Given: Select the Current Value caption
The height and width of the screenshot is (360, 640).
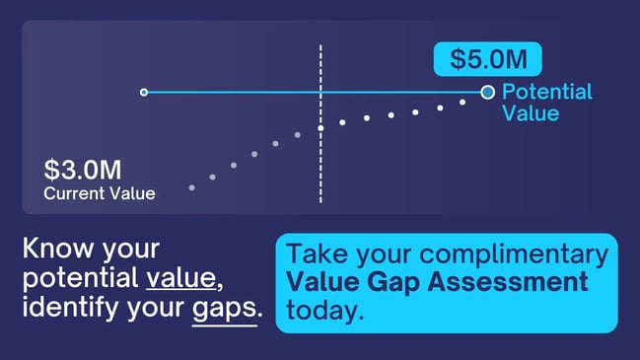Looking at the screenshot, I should [x=99, y=193].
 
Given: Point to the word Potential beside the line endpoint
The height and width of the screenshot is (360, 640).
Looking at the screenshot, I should [x=546, y=93].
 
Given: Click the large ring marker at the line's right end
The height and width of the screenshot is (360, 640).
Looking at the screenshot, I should [x=487, y=93].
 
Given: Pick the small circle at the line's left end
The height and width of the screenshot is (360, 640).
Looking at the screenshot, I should [x=144, y=93].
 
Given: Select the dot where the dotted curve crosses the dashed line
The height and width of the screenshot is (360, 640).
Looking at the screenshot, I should [x=320, y=128].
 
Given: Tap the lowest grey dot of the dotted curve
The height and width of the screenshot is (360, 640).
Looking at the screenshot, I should [x=191, y=186].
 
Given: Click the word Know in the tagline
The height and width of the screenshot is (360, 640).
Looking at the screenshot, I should [x=52, y=249].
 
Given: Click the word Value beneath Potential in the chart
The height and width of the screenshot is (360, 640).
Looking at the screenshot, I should [x=531, y=113].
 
